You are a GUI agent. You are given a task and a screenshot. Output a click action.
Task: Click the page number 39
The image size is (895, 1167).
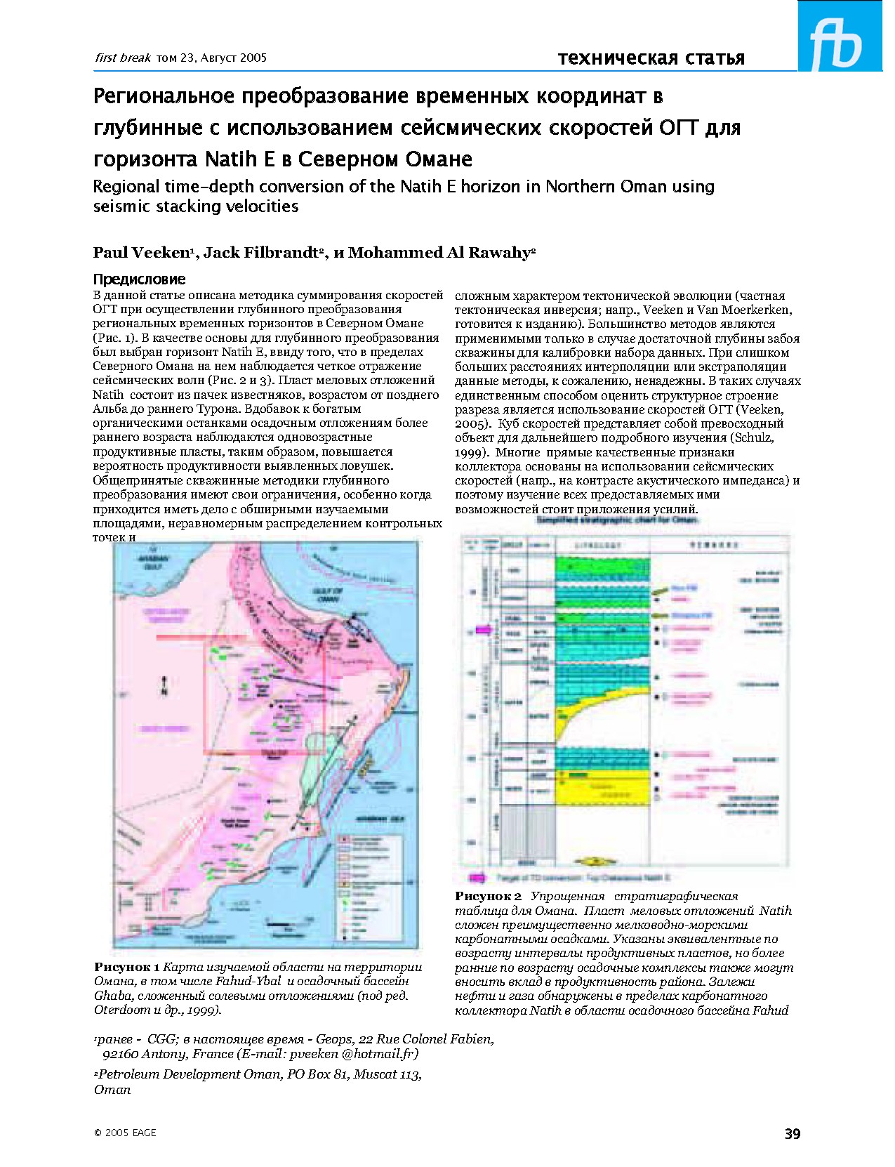tap(792, 1133)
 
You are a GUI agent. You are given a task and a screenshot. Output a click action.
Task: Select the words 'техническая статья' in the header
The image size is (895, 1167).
tap(651, 58)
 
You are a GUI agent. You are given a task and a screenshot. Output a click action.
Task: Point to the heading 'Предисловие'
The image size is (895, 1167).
tap(139, 279)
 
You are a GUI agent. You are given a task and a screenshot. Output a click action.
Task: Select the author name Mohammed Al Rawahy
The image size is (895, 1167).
tap(439, 253)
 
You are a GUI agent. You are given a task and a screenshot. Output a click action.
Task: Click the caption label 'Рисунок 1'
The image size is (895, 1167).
tap(127, 967)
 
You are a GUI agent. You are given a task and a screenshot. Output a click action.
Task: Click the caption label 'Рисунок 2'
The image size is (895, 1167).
tap(488, 896)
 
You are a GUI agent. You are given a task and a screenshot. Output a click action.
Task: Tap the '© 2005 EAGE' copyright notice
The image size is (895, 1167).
tap(125, 1133)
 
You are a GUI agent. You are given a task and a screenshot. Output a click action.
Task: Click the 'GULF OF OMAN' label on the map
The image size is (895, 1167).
tap(328, 595)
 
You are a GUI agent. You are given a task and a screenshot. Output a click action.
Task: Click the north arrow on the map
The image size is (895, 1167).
tap(164, 685)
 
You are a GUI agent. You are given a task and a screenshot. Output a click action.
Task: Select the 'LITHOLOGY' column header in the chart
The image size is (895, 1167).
tap(602, 544)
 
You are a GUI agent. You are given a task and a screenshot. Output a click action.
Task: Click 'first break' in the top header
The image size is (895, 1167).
tap(123, 58)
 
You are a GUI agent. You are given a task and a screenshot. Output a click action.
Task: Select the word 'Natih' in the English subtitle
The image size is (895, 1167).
tap(423, 187)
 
